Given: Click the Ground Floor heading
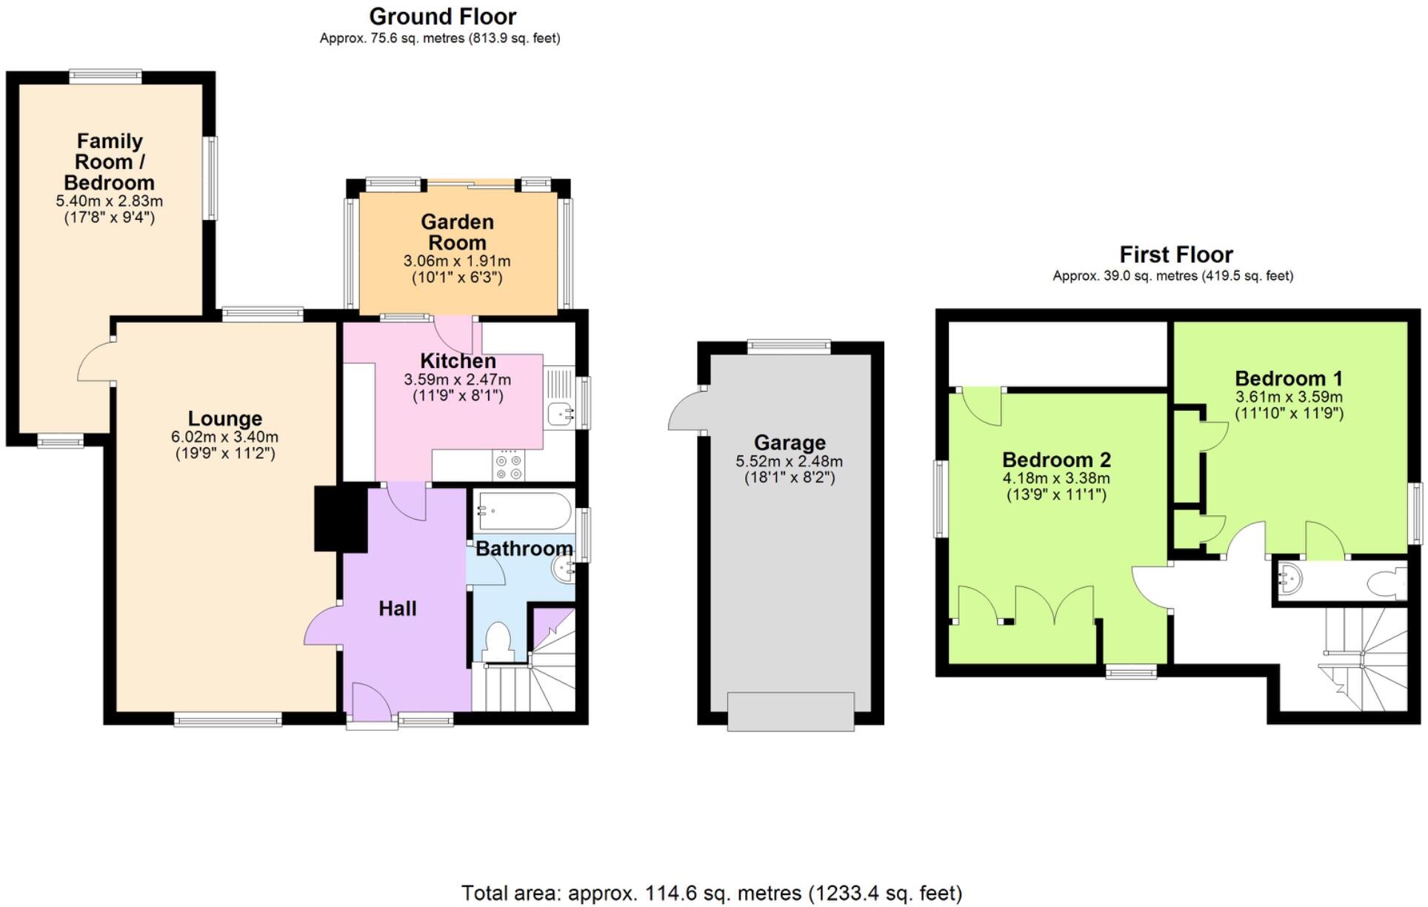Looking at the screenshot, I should click(442, 16).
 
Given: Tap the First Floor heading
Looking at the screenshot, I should click(1175, 255).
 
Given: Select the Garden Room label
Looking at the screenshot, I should click(457, 232).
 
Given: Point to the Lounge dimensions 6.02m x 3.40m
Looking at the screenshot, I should click(224, 437).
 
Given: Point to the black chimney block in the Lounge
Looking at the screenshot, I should click(341, 518).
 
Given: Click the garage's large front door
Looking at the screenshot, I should click(790, 712).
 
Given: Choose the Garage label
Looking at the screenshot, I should click(790, 443).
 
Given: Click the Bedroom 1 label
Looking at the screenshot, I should click(1288, 378).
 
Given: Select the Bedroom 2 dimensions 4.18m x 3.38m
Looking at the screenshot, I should click(1056, 478).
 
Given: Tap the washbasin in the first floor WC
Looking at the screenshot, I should click(1289, 578).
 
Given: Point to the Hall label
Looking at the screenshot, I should click(398, 609).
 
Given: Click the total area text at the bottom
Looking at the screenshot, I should click(711, 894).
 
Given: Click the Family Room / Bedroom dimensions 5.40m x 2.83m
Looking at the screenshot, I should click(110, 201).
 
